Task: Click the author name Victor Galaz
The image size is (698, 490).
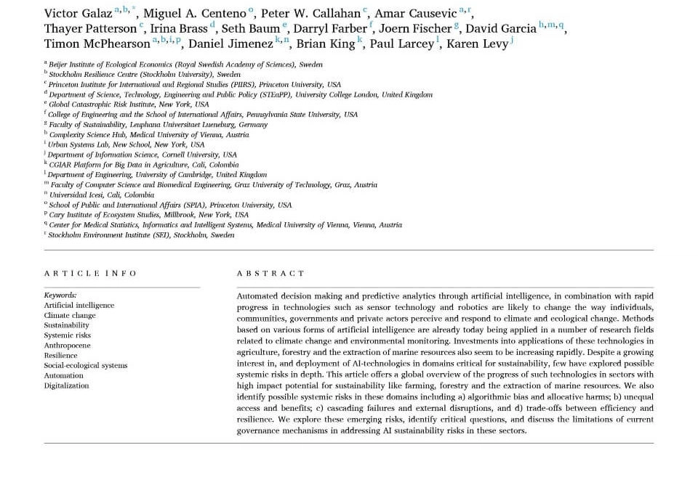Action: (78, 14)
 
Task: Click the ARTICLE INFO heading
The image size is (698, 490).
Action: (90, 274)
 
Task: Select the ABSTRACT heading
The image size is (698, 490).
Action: (270, 274)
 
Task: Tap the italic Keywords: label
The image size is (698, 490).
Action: (60, 295)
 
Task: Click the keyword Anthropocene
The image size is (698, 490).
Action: (68, 346)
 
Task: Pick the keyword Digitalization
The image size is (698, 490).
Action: (66, 385)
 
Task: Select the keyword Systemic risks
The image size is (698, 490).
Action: (68, 335)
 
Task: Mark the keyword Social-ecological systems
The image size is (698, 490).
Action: (85, 365)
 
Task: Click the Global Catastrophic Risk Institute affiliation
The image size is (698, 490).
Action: (128, 105)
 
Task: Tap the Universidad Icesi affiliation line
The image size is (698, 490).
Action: (101, 195)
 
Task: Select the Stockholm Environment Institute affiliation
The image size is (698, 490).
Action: (141, 235)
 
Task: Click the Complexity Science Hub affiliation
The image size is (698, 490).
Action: (148, 134)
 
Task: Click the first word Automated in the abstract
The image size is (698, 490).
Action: (257, 296)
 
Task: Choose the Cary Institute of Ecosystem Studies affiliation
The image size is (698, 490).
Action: (148, 215)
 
